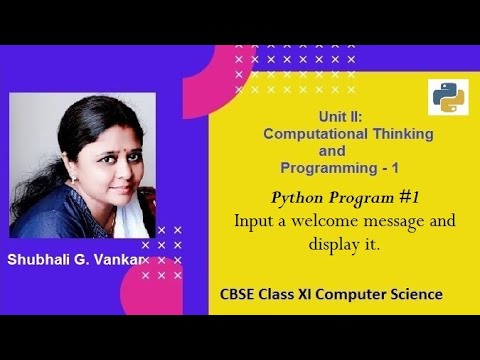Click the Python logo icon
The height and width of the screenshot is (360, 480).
click(x=447, y=97)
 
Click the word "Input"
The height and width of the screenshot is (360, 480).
click(x=253, y=220)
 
